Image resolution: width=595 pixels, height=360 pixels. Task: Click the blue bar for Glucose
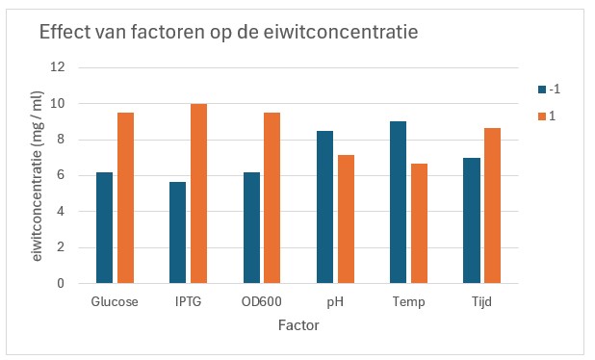(x=104, y=228)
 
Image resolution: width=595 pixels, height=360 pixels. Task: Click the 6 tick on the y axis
(x=61, y=175)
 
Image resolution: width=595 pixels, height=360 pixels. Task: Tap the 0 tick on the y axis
(x=61, y=284)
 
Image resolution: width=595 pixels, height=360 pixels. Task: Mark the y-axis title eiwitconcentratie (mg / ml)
(x=38, y=175)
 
